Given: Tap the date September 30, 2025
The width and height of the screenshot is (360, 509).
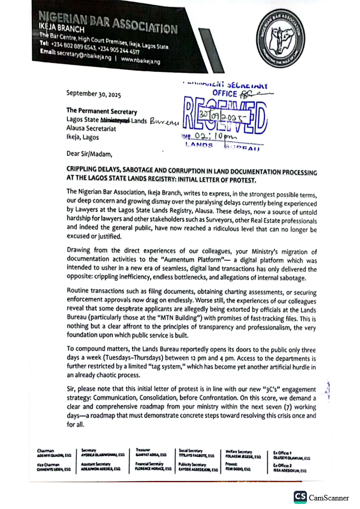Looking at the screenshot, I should [x=94, y=94].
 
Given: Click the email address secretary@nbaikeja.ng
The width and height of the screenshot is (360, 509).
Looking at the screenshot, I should [x=83, y=62].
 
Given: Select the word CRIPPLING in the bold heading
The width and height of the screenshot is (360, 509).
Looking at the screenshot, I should [x=84, y=172].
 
